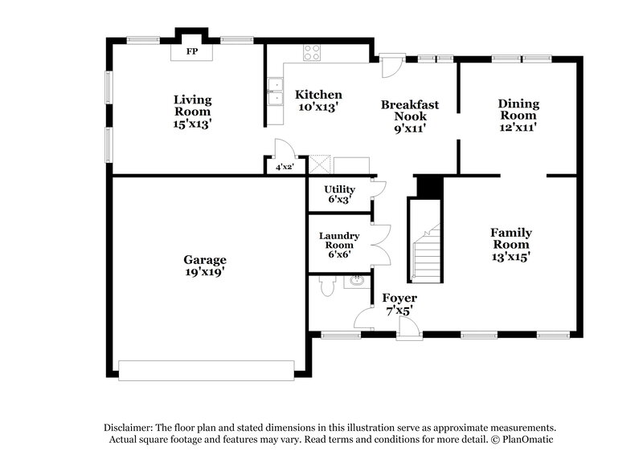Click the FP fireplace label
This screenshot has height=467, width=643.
[x=192, y=51]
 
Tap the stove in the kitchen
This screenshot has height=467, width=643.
[x=312, y=53]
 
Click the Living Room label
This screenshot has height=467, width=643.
[x=193, y=99]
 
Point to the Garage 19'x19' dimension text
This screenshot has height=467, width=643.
[x=204, y=272]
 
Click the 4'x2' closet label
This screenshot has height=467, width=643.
[x=285, y=167]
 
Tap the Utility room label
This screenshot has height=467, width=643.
[x=339, y=189]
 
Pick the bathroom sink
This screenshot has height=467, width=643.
[x=354, y=282]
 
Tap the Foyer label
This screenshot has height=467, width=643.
[x=399, y=298]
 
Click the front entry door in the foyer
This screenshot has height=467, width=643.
[x=409, y=327]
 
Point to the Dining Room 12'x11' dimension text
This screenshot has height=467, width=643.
[x=518, y=126]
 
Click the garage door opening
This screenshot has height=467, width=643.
[x=207, y=370]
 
